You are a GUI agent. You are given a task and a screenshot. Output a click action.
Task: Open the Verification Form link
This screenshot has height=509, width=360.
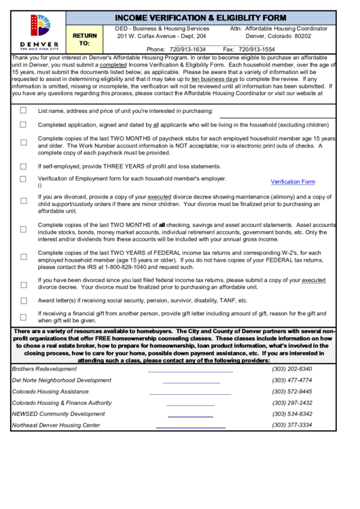[x=293, y=182]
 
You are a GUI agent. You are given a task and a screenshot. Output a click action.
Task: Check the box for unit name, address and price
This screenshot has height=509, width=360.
[x=23, y=111]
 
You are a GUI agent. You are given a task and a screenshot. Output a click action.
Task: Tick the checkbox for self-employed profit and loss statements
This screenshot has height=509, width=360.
[x=23, y=166]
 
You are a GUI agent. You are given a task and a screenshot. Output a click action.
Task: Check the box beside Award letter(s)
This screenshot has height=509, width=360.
[x=23, y=300]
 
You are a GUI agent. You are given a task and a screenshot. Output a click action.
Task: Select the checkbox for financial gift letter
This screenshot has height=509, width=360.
[x=23, y=316]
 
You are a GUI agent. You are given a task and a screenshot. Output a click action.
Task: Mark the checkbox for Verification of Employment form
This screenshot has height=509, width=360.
[x=23, y=179]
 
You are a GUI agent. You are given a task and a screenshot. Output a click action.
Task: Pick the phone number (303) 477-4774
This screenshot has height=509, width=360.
[x=292, y=381]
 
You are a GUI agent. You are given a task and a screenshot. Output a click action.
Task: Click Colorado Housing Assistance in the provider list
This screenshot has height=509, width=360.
[x=50, y=391]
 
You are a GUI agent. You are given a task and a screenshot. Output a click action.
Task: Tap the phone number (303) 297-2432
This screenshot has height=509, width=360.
[x=292, y=403]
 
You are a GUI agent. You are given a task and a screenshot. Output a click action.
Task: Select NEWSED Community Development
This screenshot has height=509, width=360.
[x=58, y=414]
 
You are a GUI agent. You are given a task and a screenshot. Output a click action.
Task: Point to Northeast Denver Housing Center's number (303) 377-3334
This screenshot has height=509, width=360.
[x=292, y=425]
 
